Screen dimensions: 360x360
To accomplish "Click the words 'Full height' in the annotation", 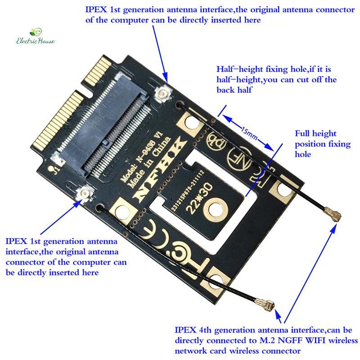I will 315,134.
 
